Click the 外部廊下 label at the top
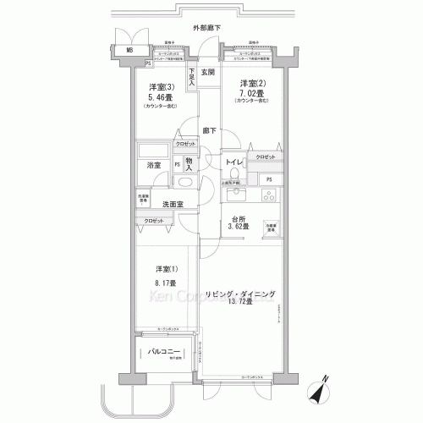coord(206,28)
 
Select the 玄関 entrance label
coord(207,72)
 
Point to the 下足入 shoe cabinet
coord(192,79)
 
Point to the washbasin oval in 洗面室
coord(184,183)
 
